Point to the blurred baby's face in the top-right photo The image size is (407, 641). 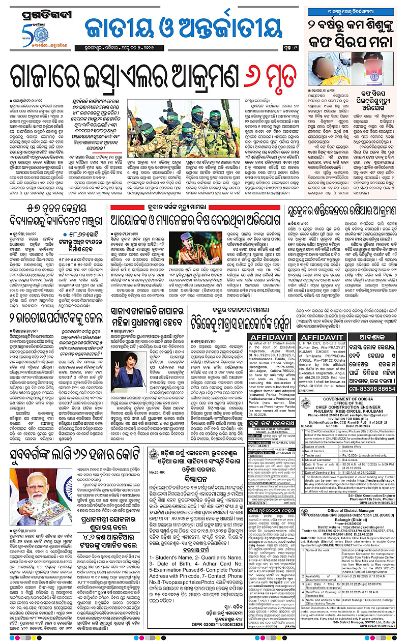[x=328, y=56]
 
